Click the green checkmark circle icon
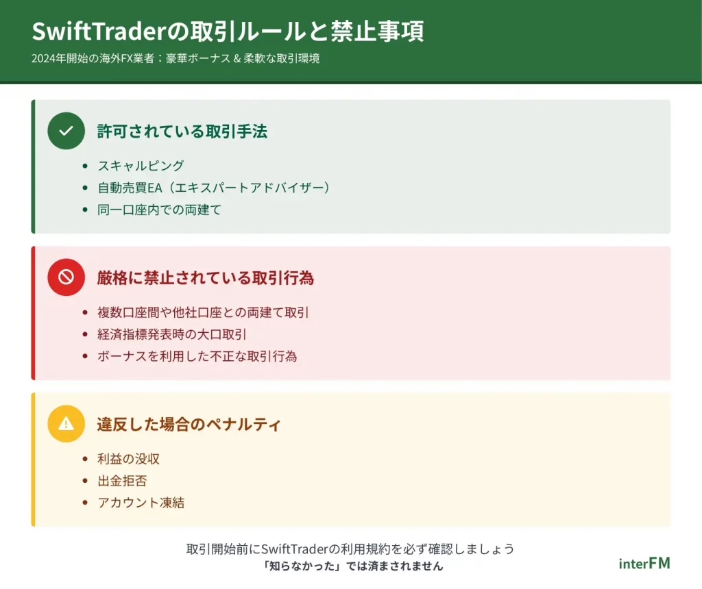click(x=66, y=131)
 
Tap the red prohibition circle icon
click(x=66, y=277)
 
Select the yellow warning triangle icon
click(x=66, y=423)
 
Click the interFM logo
click(x=644, y=564)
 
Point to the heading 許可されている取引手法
click(x=182, y=131)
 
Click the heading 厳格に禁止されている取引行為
click(x=206, y=278)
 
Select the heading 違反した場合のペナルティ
click(x=189, y=425)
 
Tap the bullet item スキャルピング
click(x=141, y=166)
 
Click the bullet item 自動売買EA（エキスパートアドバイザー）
click(x=214, y=188)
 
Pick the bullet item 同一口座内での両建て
click(x=159, y=210)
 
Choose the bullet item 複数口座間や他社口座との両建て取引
click(x=203, y=312)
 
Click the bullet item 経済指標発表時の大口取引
click(x=172, y=334)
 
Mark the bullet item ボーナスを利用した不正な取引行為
click(x=197, y=356)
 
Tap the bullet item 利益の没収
click(x=128, y=458)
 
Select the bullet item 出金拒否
click(x=122, y=480)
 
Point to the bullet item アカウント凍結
click(x=141, y=502)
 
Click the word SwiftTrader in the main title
click(x=99, y=31)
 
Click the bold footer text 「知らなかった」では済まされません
click(x=353, y=566)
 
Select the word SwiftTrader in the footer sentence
click(x=295, y=549)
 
